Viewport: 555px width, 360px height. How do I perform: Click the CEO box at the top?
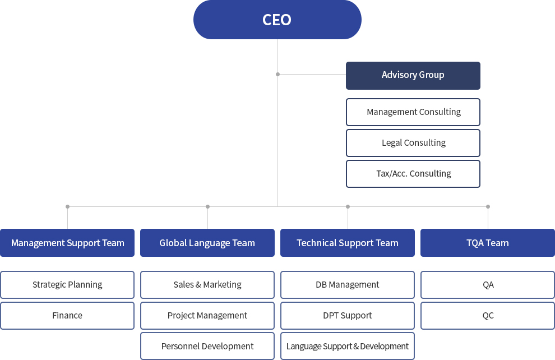pos(277,20)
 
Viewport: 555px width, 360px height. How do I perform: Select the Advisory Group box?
pos(413,76)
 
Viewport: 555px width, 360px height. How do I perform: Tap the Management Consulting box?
pos(413,112)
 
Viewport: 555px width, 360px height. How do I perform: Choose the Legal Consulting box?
pos(413,143)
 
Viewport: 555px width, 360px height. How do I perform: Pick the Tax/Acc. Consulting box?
pos(413,174)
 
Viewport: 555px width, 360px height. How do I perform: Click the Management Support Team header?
pos(67,243)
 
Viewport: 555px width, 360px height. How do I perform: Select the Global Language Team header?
pos(207,243)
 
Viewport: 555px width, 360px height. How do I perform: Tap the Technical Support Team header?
pos(348,243)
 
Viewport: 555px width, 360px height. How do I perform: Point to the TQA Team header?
pos(488,243)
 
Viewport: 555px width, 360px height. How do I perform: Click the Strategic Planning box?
pos(67,285)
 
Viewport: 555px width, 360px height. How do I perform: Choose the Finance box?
pos(67,316)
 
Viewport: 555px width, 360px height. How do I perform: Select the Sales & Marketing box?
pos(207,285)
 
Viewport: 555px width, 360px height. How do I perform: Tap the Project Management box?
pos(207,316)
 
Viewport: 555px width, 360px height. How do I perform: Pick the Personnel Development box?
pos(207,346)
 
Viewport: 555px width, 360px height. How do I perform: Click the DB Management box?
pos(348,285)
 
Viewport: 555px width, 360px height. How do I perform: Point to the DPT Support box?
pos(348,316)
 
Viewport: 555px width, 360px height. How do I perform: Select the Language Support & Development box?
pos(348,346)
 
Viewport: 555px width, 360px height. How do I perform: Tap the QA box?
pos(488,285)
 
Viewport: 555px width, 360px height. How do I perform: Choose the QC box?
pos(488,316)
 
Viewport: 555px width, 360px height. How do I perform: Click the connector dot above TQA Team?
pos(488,207)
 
